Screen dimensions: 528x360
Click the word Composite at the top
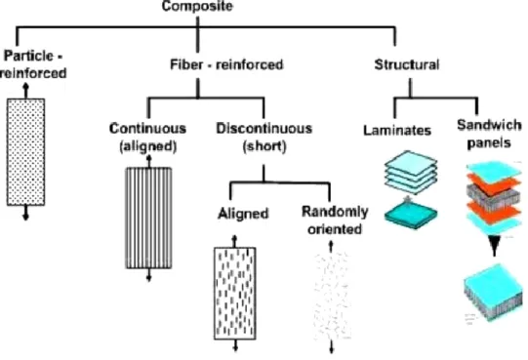197,6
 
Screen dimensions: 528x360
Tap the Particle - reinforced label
33,64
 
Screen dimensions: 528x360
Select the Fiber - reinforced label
226,64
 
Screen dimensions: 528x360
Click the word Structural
407,64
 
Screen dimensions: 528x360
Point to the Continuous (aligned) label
147,138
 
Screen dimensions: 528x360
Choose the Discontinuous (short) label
264,138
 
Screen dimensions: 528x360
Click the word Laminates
397,131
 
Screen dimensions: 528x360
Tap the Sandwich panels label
489,134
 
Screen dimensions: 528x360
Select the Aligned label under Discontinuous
243,214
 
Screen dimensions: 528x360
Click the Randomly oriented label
335,220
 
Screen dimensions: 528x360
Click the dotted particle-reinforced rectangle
26,152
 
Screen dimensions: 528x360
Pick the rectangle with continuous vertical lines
149,218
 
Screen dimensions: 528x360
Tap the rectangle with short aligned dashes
235,294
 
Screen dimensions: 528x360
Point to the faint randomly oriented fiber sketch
332,297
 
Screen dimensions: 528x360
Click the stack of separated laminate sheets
411,173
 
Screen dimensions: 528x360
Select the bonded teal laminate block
411,215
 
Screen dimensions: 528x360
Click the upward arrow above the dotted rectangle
25,91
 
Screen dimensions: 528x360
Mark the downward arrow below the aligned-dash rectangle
235,345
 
